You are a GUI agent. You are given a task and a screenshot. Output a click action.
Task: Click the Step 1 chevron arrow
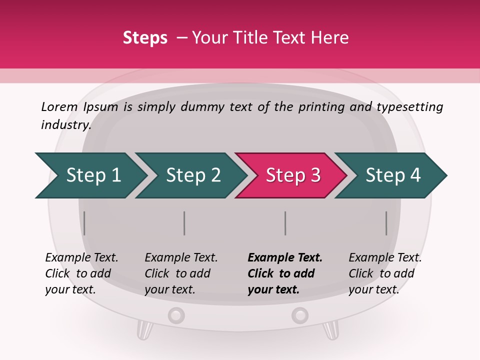(x=92, y=175)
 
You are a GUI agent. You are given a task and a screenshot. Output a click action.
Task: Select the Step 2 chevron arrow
(x=192, y=175)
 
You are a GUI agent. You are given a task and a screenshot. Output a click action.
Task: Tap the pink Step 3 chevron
(x=292, y=175)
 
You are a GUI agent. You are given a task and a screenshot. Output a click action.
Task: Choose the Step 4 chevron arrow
(x=392, y=175)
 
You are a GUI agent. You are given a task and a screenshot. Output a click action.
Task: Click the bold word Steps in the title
(x=145, y=37)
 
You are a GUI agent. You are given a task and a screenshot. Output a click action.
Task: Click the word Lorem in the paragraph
(x=59, y=106)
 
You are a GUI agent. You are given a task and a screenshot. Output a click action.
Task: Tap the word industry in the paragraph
(x=65, y=124)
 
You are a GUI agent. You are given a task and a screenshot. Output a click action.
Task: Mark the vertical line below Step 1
(x=84, y=223)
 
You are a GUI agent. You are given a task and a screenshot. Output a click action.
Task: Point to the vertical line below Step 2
(x=184, y=223)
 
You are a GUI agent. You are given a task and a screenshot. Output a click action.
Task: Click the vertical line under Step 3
(x=285, y=223)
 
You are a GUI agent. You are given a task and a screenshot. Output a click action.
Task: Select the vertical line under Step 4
(x=386, y=223)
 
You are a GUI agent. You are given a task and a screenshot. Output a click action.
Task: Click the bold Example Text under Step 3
(x=285, y=257)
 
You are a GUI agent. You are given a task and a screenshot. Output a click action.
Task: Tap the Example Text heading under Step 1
(x=81, y=257)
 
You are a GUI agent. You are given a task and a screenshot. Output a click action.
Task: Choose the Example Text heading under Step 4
(x=385, y=257)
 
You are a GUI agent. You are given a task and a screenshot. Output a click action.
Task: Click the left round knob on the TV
(x=176, y=315)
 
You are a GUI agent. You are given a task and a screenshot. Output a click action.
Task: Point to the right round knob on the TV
(x=300, y=315)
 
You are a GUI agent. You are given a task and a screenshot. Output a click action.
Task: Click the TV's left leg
(x=144, y=330)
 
